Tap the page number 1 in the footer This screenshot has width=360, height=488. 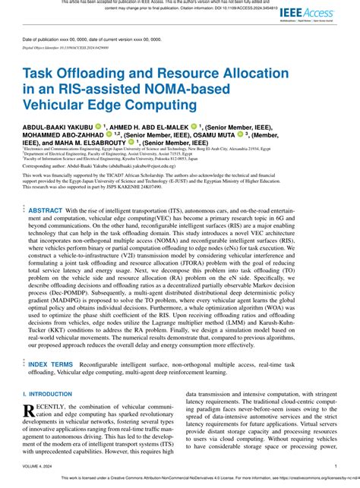pyautogui.click(x=335, y=468)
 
